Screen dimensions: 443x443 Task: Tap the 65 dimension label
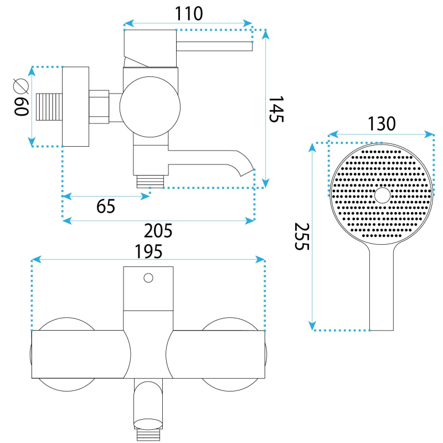(x=106, y=206)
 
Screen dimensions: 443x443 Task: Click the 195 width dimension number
(x=148, y=251)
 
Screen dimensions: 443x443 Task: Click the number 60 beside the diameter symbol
(x=21, y=107)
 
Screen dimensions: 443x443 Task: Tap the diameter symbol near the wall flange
(x=21, y=86)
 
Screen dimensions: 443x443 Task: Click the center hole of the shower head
(x=382, y=195)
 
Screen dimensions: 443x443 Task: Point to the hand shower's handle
(x=382, y=288)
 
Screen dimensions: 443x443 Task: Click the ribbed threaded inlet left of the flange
(x=49, y=107)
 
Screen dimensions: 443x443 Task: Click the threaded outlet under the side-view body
(x=150, y=181)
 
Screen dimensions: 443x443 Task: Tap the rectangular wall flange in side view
(x=75, y=107)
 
